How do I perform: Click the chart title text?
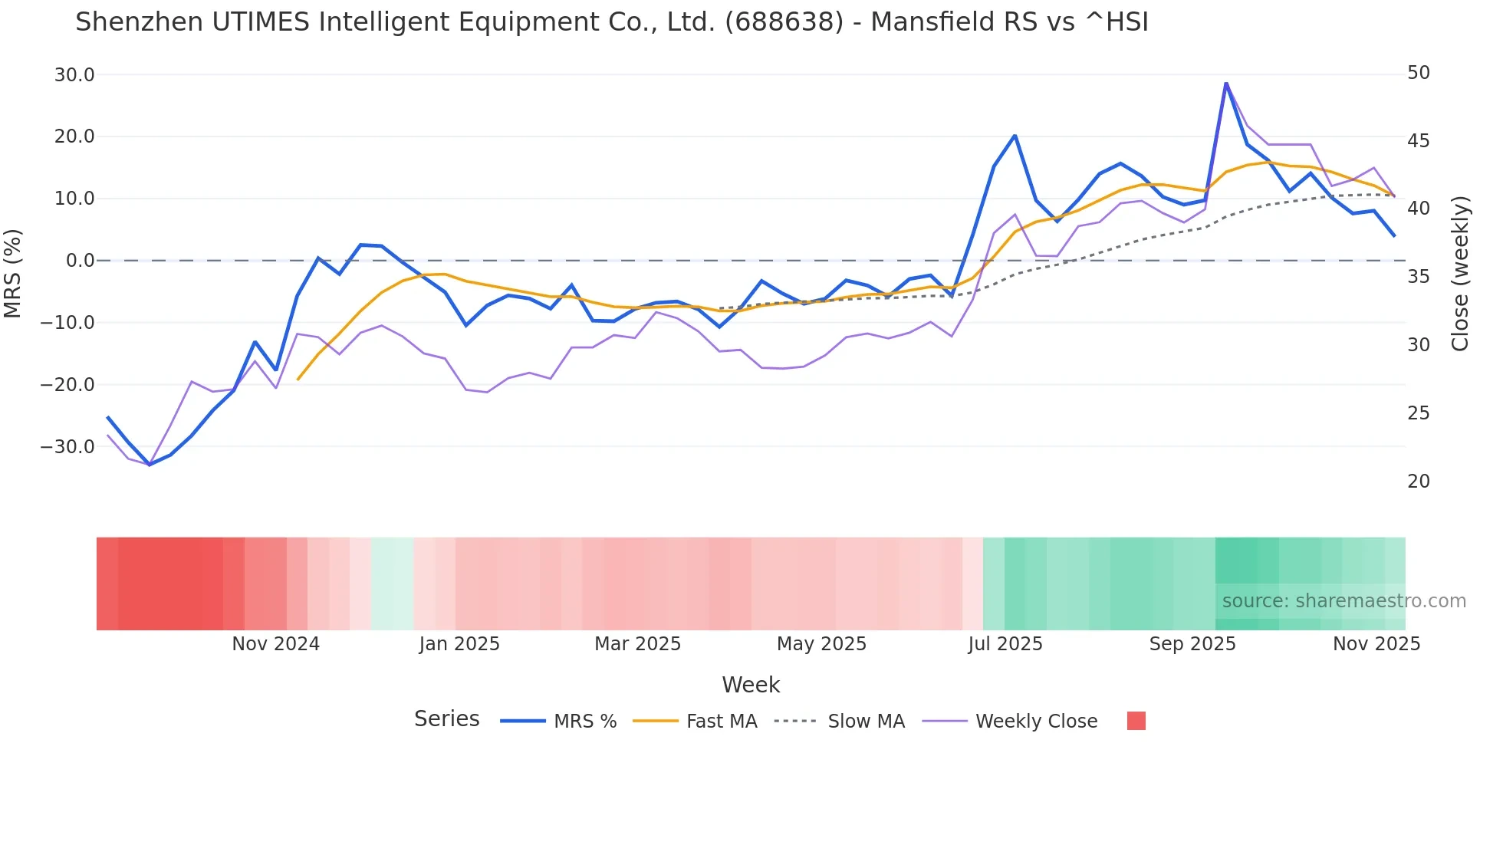pos(611,22)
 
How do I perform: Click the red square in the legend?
pos(1136,721)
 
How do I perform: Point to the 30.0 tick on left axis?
pos(74,75)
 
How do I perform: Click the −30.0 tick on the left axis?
pos(67,447)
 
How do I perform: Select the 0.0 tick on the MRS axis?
pos(80,261)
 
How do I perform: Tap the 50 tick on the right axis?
pos(1419,73)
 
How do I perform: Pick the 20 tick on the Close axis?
pos(1419,482)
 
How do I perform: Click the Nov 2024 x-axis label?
pos(275,644)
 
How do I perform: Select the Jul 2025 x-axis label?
pos(1005,644)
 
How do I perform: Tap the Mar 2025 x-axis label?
pos(637,644)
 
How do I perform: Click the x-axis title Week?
pos(751,685)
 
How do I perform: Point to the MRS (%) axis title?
pos(13,273)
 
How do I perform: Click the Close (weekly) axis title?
pos(1460,274)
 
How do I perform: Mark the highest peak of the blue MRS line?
pos(1226,83)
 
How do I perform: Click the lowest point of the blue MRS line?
pos(150,465)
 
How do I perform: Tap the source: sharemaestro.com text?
pos(1343,601)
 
